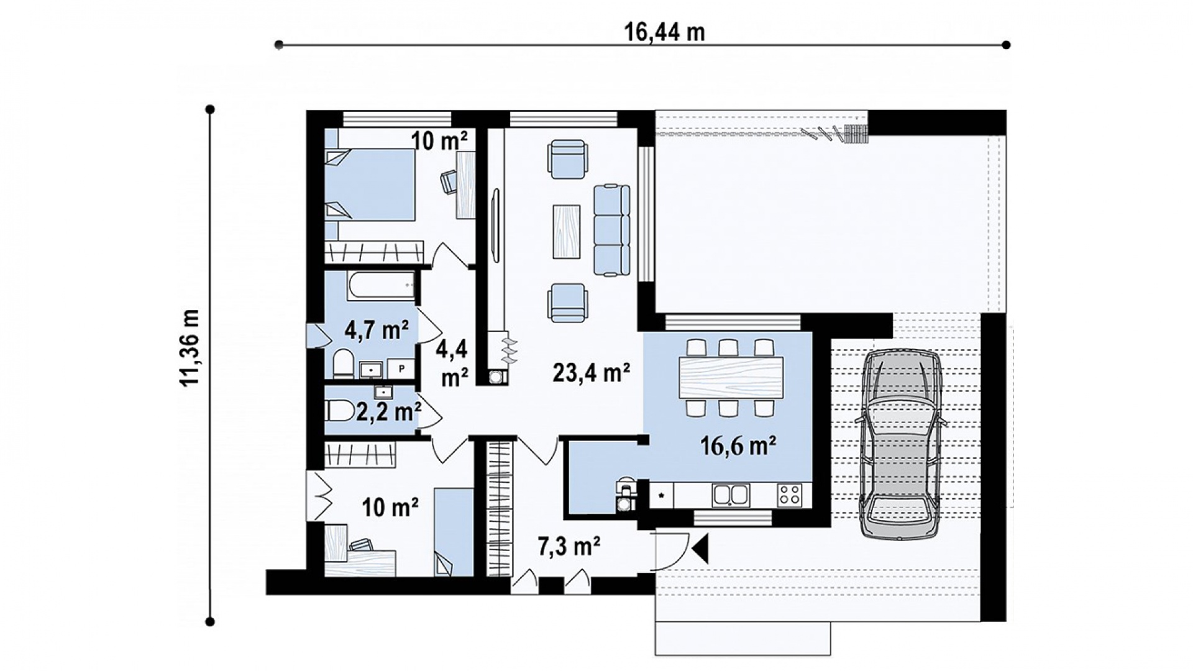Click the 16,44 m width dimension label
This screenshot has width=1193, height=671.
click(x=664, y=32)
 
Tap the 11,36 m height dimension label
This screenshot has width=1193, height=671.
click(x=190, y=347)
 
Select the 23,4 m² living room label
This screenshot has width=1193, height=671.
click(x=592, y=373)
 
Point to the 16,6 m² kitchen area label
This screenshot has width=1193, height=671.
click(x=738, y=445)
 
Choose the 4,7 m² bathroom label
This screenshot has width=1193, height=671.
click(x=377, y=329)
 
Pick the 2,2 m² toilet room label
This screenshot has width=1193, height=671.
click(x=389, y=411)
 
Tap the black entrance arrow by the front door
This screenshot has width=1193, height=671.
click(x=701, y=549)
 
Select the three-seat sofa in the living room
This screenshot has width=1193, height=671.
click(x=612, y=229)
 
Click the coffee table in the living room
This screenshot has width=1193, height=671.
click(x=566, y=231)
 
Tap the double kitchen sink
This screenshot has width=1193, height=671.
click(x=731, y=495)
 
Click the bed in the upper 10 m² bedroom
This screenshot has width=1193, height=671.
click(x=370, y=185)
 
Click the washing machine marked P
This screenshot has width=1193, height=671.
click(x=401, y=368)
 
